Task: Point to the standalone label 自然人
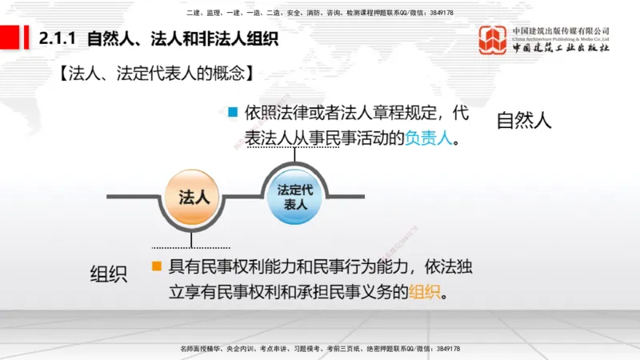[524, 121]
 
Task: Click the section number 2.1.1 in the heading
[59, 37]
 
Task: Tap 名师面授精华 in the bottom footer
[200, 349]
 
